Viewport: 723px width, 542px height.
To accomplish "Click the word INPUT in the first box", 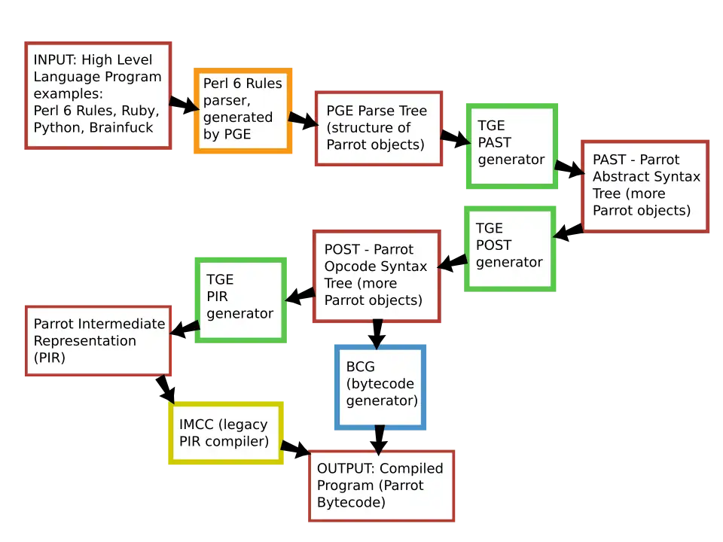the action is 55,60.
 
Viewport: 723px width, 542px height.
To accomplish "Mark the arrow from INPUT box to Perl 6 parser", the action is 184,105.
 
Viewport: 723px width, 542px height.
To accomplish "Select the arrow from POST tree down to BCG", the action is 377,334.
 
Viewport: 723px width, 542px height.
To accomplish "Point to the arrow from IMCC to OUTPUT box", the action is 295,448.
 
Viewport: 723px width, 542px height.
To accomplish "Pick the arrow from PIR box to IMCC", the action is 166,389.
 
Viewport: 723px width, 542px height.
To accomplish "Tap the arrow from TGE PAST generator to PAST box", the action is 569,168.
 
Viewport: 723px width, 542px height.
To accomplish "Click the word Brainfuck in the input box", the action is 121,128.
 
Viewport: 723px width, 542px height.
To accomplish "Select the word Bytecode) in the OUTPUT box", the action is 352,502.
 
